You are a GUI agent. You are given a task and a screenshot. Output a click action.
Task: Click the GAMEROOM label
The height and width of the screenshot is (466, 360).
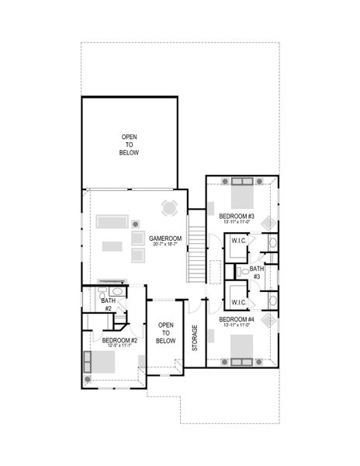tap(164, 238)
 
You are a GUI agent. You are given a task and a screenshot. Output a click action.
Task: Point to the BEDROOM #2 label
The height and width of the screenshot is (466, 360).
tap(119, 339)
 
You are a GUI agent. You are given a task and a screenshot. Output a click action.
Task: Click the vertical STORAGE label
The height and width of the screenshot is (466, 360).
tap(195, 339)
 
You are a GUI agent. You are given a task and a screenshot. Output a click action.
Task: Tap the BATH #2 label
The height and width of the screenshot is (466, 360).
tap(109, 304)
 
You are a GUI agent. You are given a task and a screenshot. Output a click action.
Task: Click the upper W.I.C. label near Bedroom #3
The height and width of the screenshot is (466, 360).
tap(238, 241)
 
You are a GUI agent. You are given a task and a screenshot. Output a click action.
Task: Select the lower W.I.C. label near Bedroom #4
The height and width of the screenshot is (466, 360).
tap(238, 302)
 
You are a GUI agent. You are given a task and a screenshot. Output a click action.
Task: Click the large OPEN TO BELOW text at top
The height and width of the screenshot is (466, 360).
tap(129, 145)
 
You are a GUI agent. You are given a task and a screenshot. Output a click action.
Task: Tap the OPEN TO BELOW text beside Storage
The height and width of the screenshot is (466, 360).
tap(165, 332)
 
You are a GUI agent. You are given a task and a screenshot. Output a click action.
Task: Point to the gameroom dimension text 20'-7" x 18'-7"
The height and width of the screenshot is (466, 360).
tap(164, 245)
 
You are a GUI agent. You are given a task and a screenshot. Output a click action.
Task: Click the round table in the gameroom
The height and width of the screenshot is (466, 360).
tap(169, 208)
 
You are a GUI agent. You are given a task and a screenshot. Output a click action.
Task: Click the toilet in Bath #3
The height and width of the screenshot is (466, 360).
tap(244, 273)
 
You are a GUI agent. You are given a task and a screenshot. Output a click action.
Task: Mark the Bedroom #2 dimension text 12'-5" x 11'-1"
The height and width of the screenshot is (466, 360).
tap(119, 346)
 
